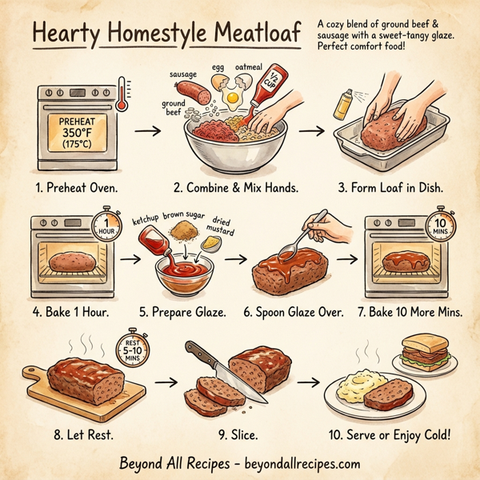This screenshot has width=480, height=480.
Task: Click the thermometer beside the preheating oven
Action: pos(121,94)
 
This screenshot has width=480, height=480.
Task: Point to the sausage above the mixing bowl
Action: pos(193,92)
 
